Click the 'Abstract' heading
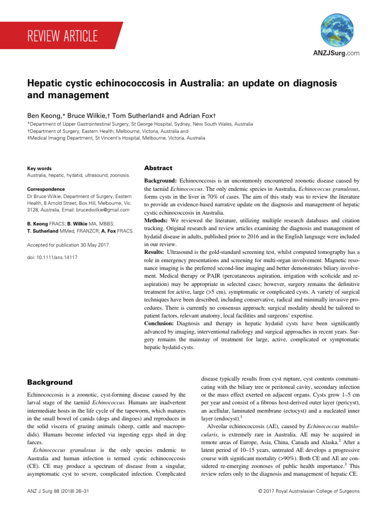158,168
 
